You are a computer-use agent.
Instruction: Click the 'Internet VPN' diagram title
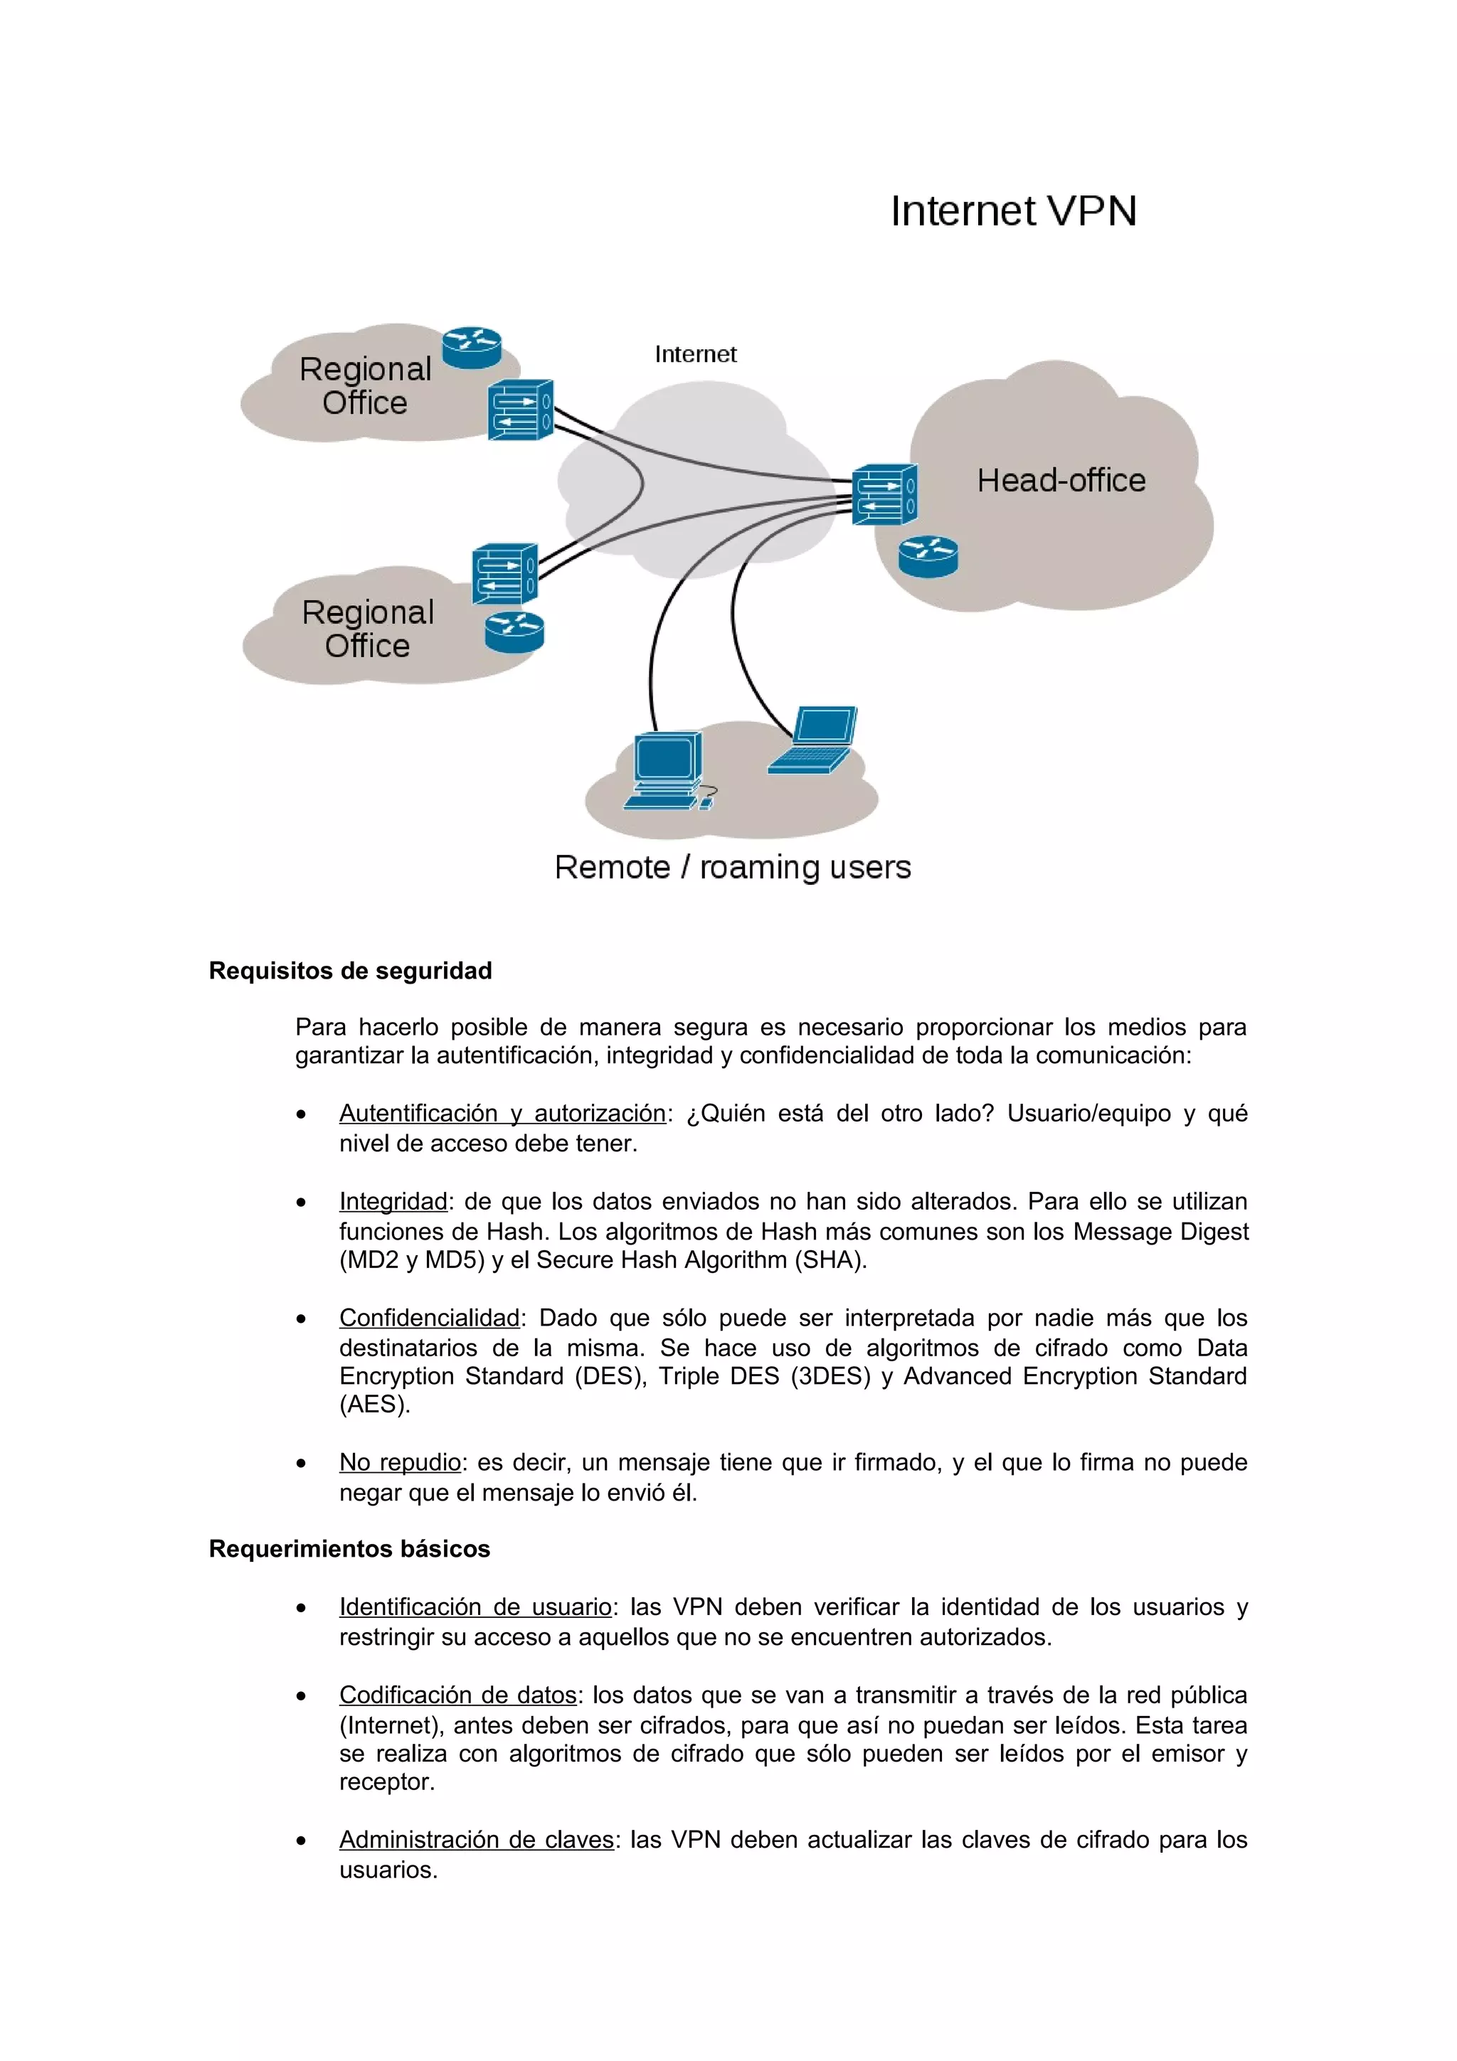(x=1012, y=212)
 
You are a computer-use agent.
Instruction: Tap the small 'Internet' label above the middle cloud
(x=695, y=355)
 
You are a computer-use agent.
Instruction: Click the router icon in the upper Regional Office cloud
(x=471, y=347)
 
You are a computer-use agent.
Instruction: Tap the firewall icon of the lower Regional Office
(x=504, y=574)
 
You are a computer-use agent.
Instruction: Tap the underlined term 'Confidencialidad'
(x=429, y=1318)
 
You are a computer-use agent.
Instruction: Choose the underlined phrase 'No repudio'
(x=400, y=1462)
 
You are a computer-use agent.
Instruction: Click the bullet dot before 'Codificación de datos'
(x=302, y=1697)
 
